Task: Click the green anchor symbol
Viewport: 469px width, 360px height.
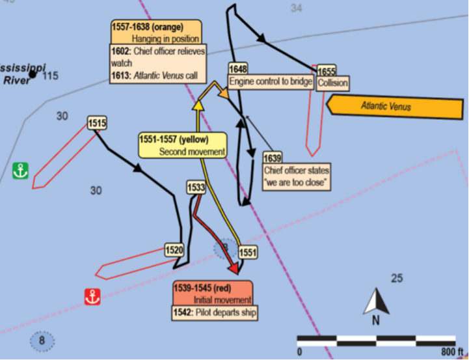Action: [21, 171]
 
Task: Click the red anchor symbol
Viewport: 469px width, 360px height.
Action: [92, 297]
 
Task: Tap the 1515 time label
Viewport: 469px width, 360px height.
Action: [97, 123]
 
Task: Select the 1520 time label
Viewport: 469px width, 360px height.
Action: [174, 250]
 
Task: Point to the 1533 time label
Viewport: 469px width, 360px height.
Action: [196, 187]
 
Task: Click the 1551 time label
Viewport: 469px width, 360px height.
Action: [248, 253]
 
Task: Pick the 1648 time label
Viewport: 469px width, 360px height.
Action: [238, 69]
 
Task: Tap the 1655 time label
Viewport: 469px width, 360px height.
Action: [327, 71]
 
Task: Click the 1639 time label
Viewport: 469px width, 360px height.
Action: [273, 158]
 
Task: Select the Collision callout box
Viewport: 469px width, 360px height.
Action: [332, 83]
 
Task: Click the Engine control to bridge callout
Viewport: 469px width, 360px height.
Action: [271, 81]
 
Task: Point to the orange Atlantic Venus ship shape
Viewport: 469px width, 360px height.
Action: [395, 107]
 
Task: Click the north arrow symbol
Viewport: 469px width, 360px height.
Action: [376, 302]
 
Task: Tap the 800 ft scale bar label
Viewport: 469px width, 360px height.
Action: [451, 352]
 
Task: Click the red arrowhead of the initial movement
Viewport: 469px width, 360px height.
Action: [237, 268]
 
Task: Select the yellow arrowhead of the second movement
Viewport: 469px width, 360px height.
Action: [198, 105]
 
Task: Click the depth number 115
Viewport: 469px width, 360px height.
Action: [50, 76]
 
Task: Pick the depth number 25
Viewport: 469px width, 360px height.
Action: [397, 279]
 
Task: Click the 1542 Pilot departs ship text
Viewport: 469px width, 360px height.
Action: [215, 312]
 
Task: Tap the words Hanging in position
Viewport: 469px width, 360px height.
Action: [165, 39]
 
